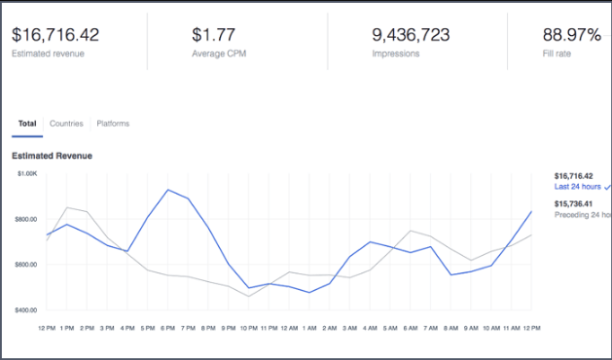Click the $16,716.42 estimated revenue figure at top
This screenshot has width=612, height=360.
click(x=54, y=34)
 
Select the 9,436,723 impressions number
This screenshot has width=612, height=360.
click(x=411, y=34)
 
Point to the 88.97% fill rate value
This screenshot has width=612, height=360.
click(x=571, y=34)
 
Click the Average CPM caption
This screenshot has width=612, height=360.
click(x=218, y=54)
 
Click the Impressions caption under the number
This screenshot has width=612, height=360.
click(x=396, y=54)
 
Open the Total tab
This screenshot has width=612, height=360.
click(x=26, y=124)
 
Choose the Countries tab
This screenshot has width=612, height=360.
click(x=66, y=124)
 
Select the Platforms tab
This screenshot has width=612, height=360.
click(x=113, y=124)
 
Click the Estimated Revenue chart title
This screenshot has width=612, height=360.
click(x=52, y=156)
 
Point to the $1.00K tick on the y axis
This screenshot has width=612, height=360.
click(x=25, y=174)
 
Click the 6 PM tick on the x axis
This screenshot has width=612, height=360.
click(x=168, y=328)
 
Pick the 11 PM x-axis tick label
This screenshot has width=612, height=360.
click(x=269, y=328)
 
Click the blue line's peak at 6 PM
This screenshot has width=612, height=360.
click(x=168, y=190)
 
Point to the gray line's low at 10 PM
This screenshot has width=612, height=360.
click(x=249, y=296)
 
